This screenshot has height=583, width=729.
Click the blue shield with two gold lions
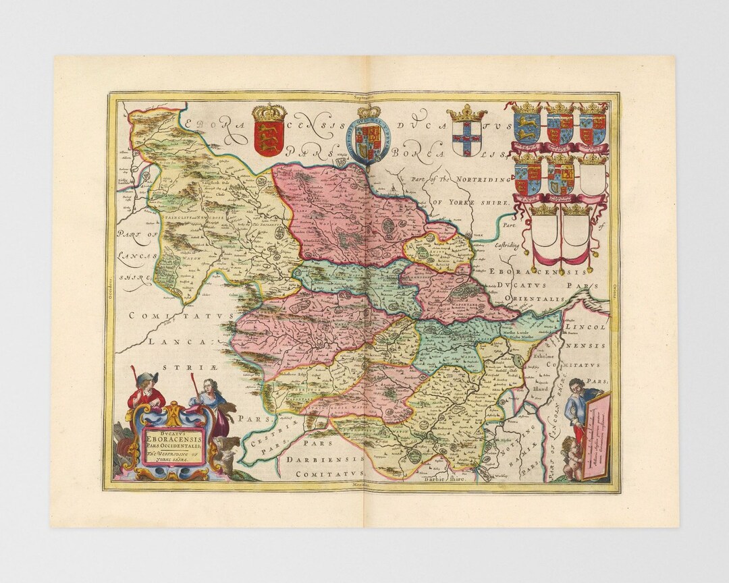(527, 128)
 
